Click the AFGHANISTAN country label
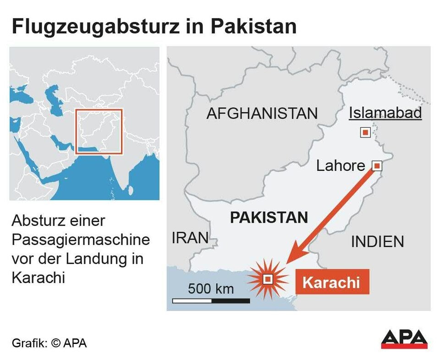point(262,114)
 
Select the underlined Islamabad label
point(385,113)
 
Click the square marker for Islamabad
point(365,133)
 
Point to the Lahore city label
point(341,166)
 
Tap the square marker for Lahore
point(376,165)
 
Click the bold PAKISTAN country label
point(269,218)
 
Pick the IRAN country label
point(190,238)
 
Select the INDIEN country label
point(378,241)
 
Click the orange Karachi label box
point(331,282)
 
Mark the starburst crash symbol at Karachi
point(268,278)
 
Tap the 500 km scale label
point(211,289)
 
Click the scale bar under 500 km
point(211,301)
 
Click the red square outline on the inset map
point(99,131)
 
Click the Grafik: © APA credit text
point(49,343)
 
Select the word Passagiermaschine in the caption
point(81,240)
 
